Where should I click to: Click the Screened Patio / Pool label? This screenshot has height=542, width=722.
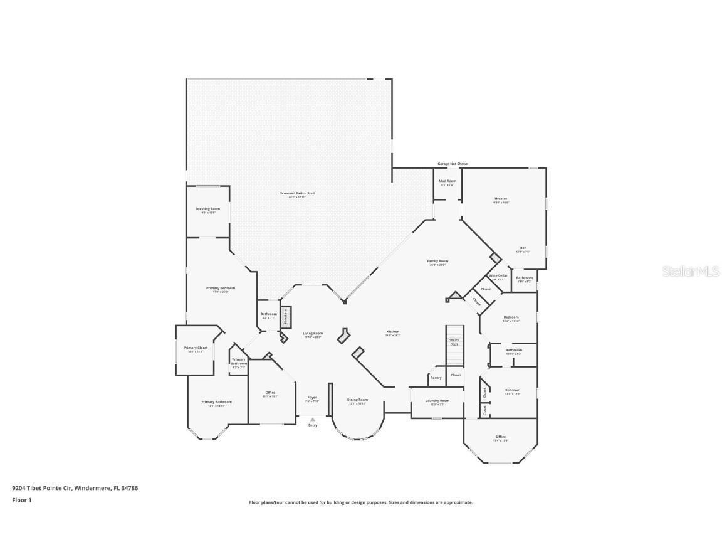click(297, 193)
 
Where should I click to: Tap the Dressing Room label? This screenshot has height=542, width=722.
click(207, 209)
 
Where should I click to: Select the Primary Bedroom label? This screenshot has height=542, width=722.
click(221, 289)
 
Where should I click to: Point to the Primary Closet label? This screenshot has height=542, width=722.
click(195, 348)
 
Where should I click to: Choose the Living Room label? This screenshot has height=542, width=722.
click(312, 334)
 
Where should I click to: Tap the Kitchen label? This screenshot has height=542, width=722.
click(393, 332)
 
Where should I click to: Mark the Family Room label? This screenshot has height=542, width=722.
click(438, 262)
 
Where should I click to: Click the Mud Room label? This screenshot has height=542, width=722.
click(447, 181)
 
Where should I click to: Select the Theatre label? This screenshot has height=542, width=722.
click(500, 199)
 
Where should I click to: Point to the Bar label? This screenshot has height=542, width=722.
click(523, 248)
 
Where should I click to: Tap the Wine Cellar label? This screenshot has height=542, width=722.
click(498, 275)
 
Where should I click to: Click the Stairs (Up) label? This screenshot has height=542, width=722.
click(454, 342)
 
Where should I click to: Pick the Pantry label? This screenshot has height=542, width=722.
click(436, 378)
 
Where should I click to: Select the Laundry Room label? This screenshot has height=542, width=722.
click(437, 401)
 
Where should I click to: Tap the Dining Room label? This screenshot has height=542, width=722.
click(358, 400)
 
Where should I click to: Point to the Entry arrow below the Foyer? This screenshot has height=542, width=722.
click(313, 420)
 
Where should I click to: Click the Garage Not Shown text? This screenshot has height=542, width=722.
click(453, 164)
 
